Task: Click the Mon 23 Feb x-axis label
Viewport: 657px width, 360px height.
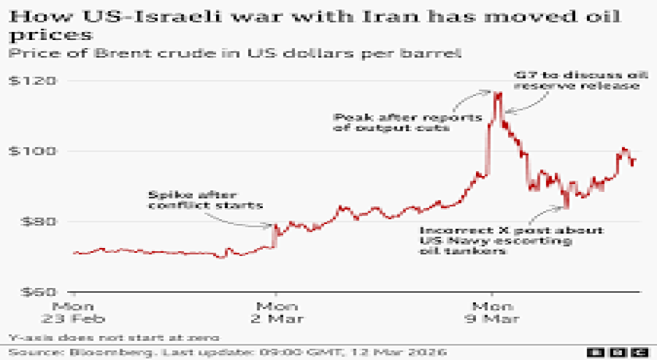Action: tap(73, 312)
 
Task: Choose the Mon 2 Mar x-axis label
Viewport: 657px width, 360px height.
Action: tap(275, 312)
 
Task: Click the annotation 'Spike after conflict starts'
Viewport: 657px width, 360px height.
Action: tap(204, 199)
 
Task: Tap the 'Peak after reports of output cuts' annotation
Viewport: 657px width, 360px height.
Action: tap(406, 122)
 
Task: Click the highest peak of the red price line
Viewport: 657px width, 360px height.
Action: tap(496, 94)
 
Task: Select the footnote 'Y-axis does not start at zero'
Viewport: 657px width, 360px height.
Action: tap(114, 337)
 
